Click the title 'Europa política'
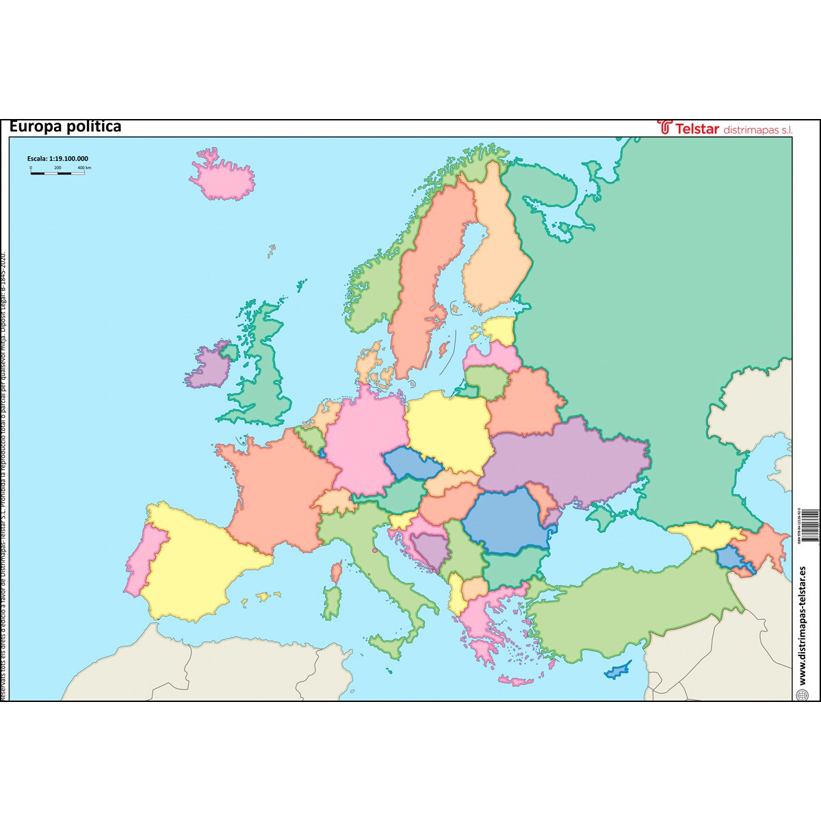(66, 127)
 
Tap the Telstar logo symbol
(664, 127)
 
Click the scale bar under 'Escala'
(57, 172)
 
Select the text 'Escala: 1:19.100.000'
(57, 159)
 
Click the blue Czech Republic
(412, 465)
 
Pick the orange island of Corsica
(337, 571)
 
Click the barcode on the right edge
(808, 527)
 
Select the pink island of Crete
(516, 681)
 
